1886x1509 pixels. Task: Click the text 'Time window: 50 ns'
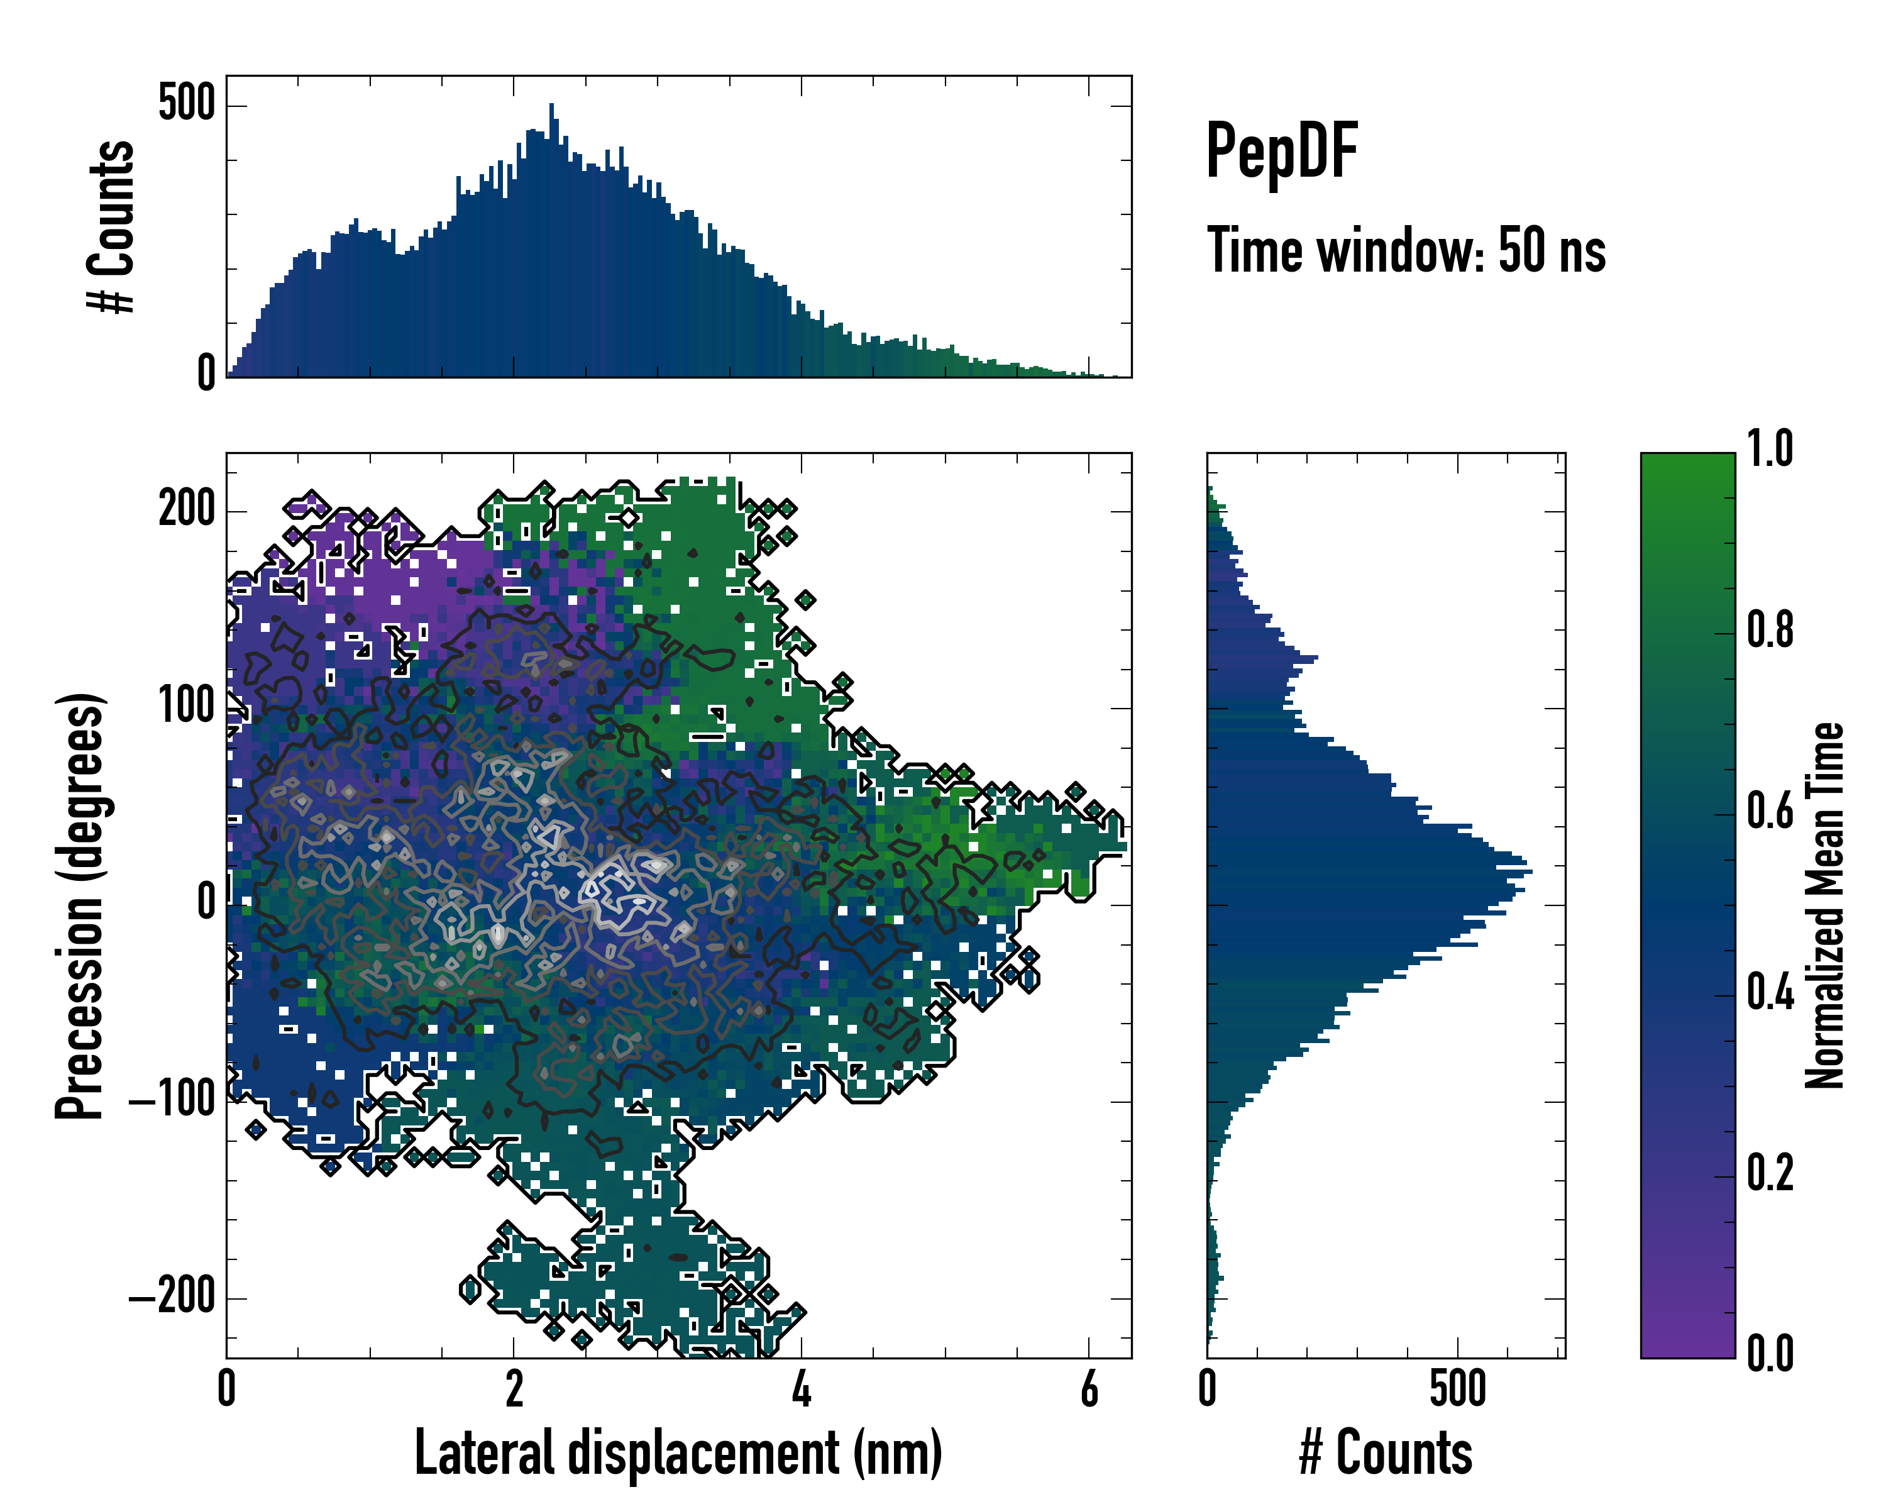(1406, 251)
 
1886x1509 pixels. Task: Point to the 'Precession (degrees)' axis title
(80, 905)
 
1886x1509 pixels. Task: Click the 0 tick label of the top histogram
(206, 373)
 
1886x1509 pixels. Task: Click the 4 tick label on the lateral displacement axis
(802, 1389)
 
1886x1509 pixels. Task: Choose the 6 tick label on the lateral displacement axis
(1089, 1389)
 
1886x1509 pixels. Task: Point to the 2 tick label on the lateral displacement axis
(514, 1389)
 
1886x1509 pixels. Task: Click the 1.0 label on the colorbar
(1770, 450)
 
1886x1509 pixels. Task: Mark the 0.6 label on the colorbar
(1770, 812)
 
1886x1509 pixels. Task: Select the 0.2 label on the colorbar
(1770, 1174)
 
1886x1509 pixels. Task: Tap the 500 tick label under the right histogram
(1457, 1389)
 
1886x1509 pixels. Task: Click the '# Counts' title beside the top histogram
(111, 226)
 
